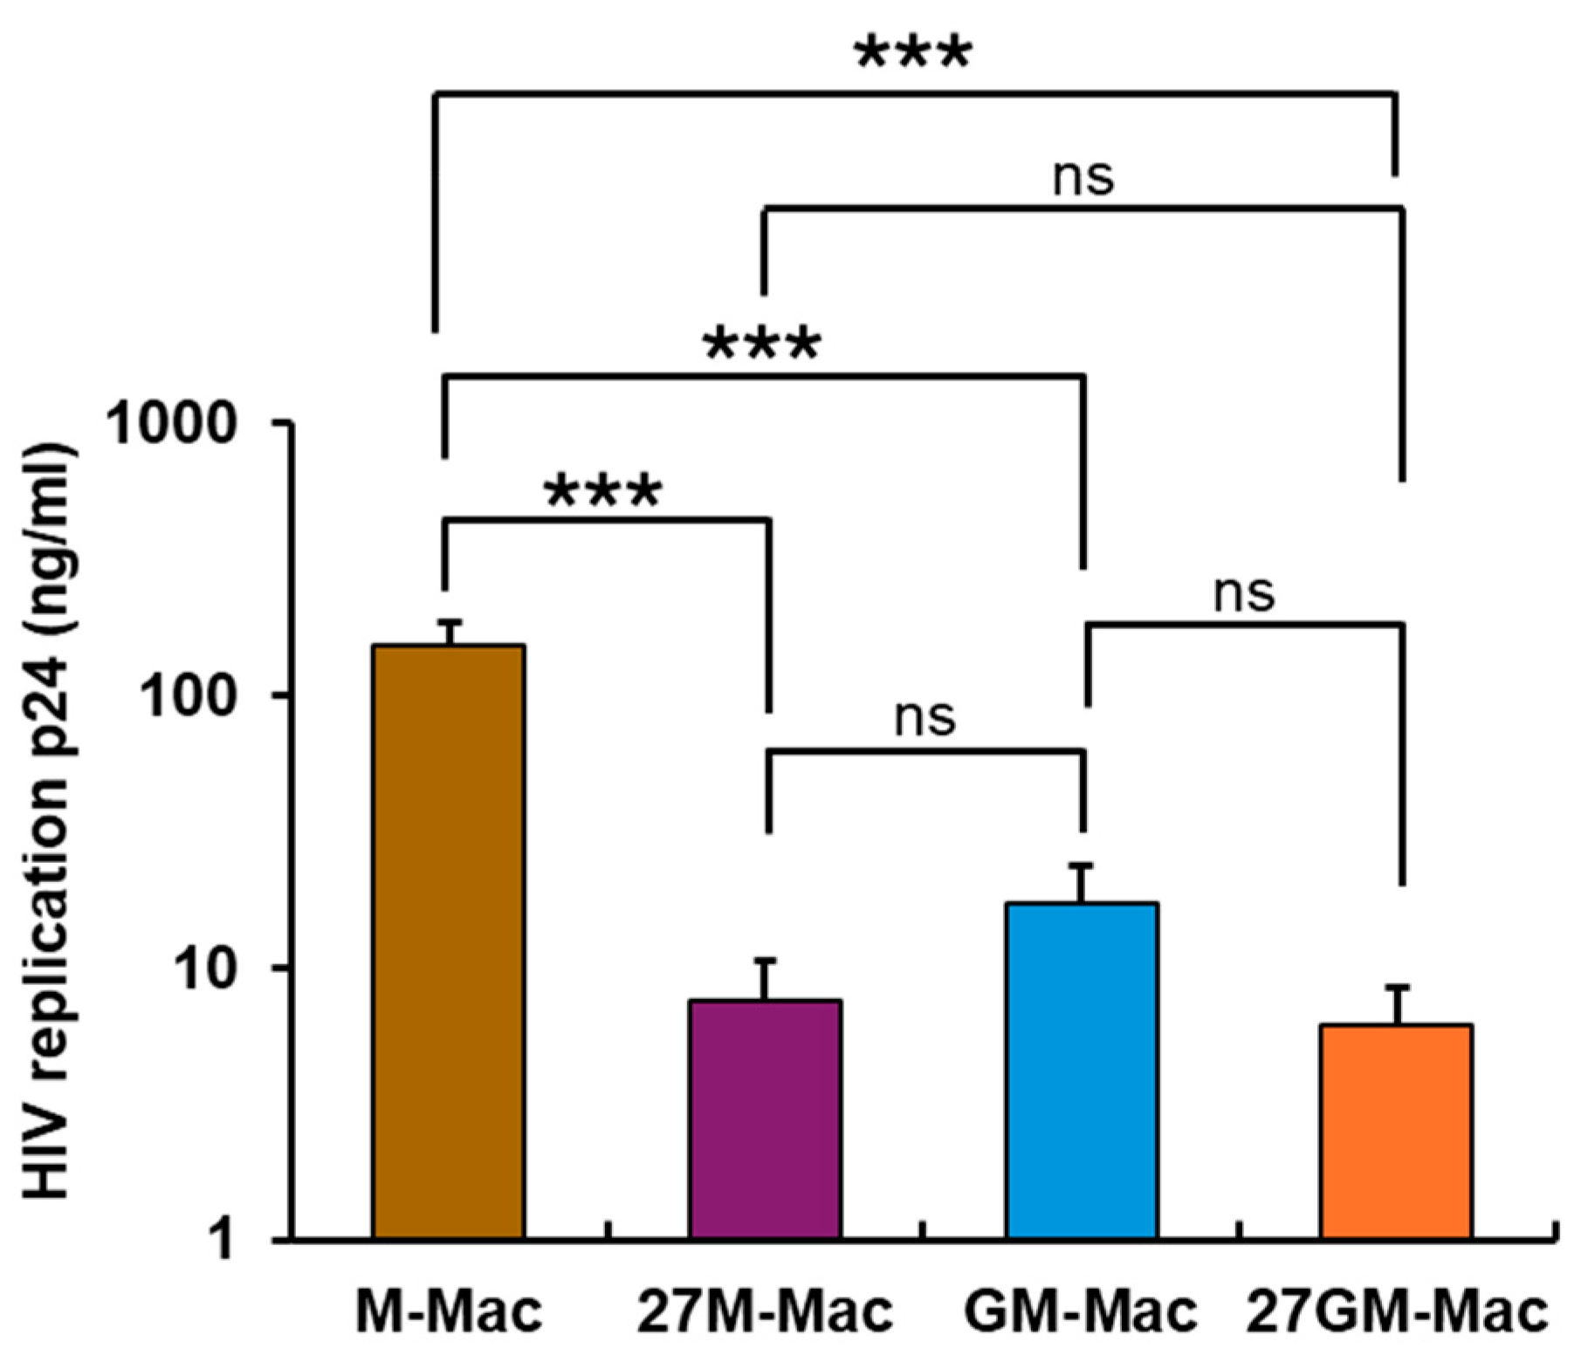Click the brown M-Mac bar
tap(449, 941)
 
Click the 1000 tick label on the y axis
tap(171, 425)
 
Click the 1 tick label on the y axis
tap(222, 1239)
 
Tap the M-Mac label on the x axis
tap(449, 1311)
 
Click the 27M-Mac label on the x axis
tap(765, 1311)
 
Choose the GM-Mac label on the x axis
tap(1081, 1311)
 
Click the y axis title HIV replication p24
tap(45, 820)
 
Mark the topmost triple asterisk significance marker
tap(912, 54)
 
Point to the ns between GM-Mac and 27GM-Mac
tap(1244, 593)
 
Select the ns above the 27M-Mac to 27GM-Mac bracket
tap(1083, 176)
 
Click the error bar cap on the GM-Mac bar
tap(1082, 866)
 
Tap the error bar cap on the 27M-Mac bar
tap(766, 961)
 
